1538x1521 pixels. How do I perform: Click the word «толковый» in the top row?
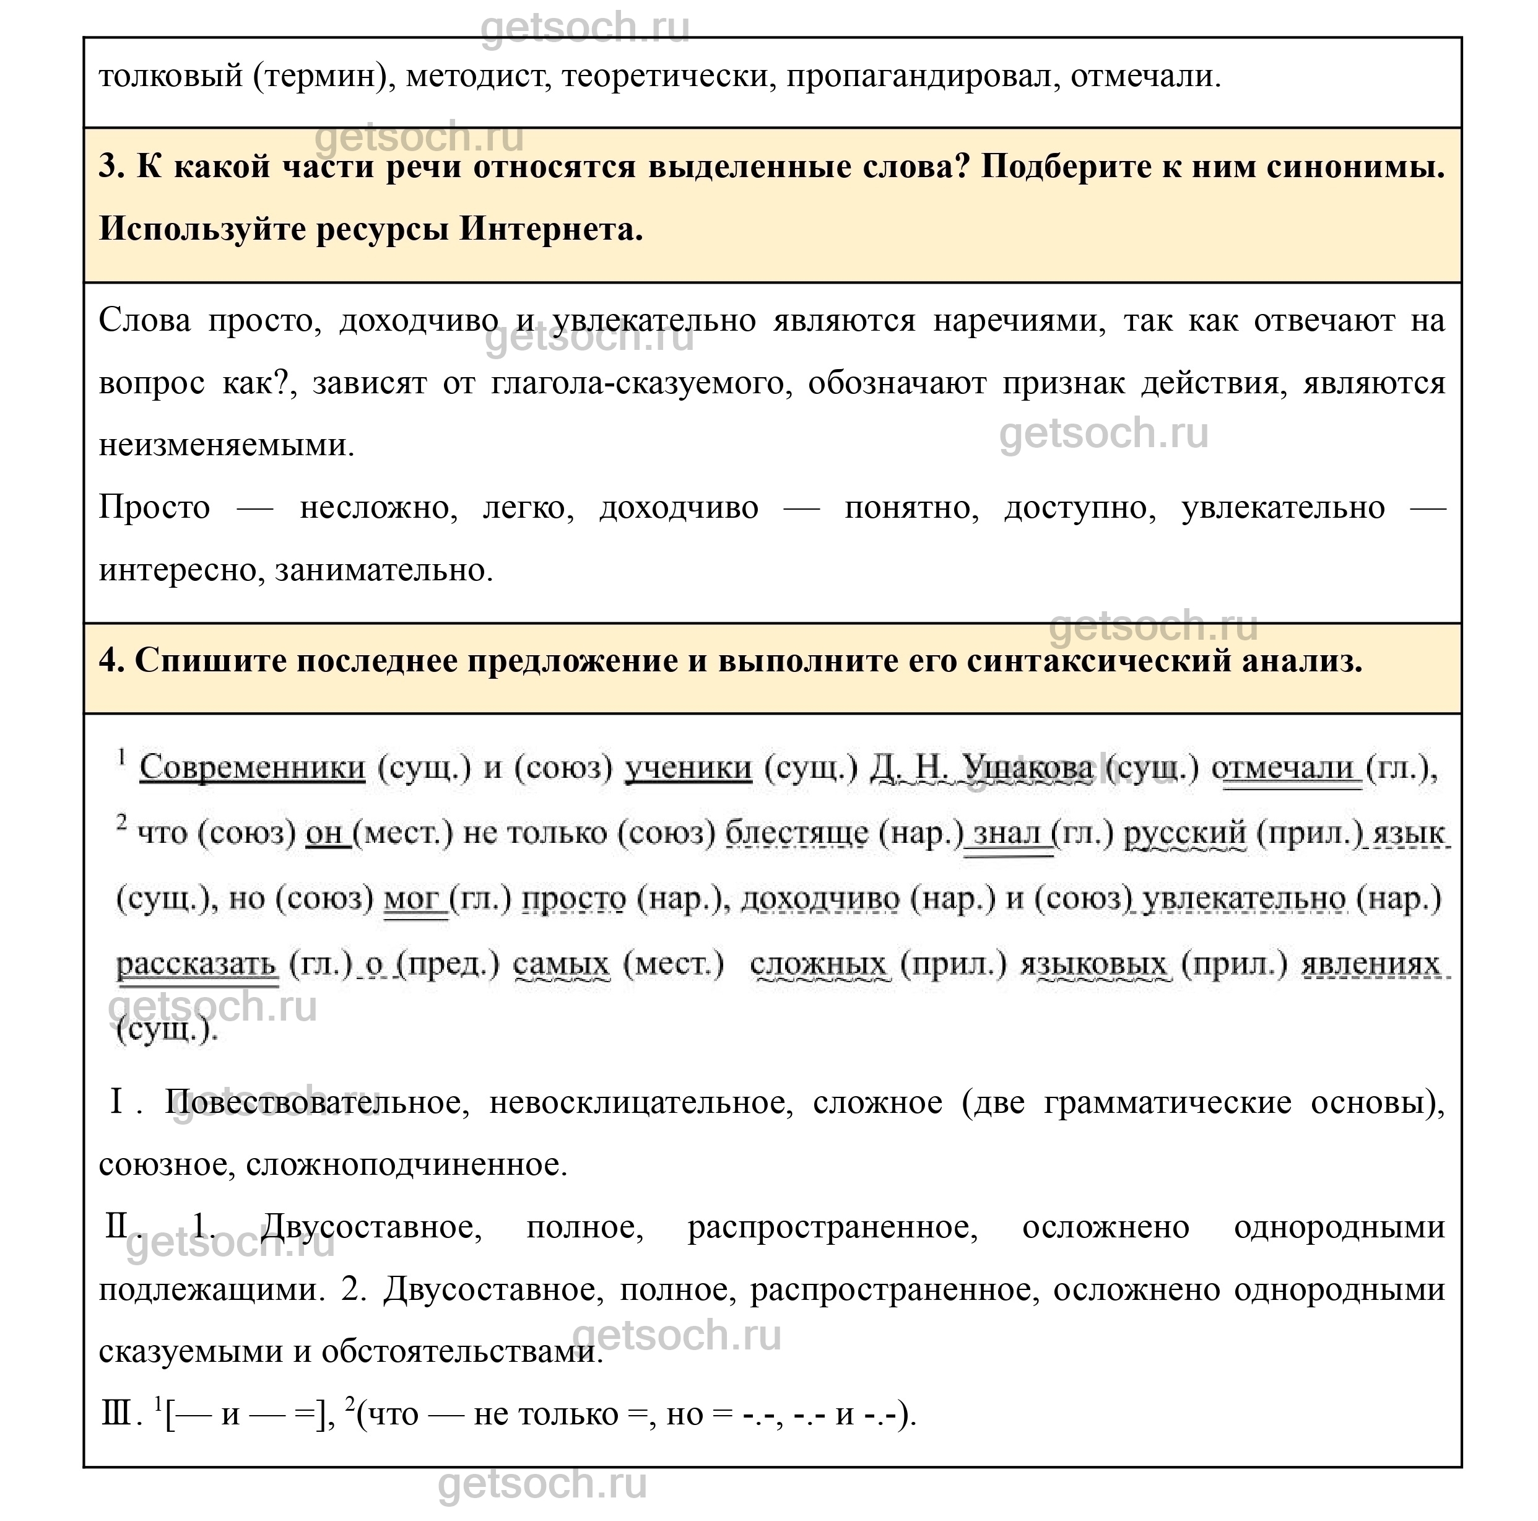click(x=170, y=77)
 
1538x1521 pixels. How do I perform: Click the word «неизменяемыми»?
click(x=225, y=445)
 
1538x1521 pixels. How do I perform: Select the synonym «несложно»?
click(x=378, y=507)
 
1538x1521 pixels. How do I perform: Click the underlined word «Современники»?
click(x=253, y=768)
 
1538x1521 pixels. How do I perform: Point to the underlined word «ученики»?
click(x=688, y=768)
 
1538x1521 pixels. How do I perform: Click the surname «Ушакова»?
click(x=1027, y=768)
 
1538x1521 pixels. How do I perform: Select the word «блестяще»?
click(x=797, y=833)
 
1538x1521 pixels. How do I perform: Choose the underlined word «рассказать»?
click(x=197, y=964)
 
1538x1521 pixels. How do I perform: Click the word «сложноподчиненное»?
click(x=406, y=1165)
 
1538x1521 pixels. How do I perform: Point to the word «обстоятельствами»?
click(x=462, y=1352)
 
